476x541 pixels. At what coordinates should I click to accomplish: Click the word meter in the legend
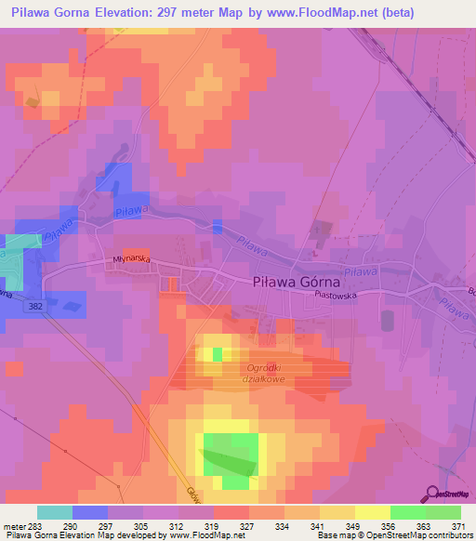13,525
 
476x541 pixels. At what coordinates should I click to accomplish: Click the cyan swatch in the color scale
55,512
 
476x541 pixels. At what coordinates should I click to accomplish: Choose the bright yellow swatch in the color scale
372,512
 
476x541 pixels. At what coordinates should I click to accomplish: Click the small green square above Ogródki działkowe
218,354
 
